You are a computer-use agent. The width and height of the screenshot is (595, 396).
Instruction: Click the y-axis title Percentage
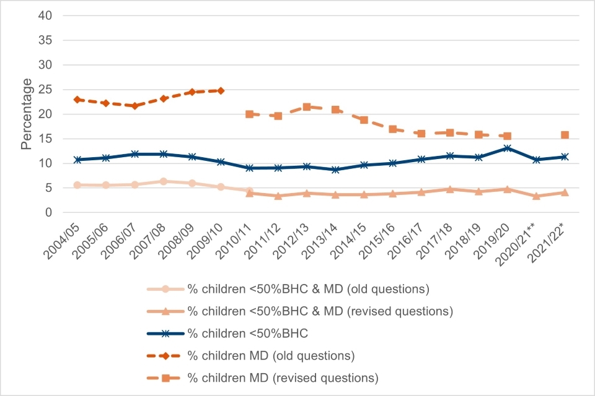pyautogui.click(x=27, y=114)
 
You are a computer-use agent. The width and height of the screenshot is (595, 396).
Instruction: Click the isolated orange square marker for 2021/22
pyautogui.click(x=565, y=135)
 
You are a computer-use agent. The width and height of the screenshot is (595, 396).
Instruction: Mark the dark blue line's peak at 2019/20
pyautogui.click(x=508, y=148)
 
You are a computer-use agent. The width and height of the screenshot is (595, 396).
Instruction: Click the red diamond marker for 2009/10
pyautogui.click(x=220, y=90)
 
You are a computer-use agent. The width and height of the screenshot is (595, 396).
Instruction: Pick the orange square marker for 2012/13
pyautogui.click(x=306, y=106)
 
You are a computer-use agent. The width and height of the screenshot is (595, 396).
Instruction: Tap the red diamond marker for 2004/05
pyautogui.click(x=77, y=100)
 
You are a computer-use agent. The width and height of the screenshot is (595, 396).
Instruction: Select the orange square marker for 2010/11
pyautogui.click(x=249, y=114)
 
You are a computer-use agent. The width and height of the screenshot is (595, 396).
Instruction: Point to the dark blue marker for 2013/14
pyautogui.click(x=335, y=170)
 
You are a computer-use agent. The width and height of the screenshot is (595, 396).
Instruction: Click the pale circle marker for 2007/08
pyautogui.click(x=163, y=181)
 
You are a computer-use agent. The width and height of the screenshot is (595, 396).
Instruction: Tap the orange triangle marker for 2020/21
pyautogui.click(x=536, y=196)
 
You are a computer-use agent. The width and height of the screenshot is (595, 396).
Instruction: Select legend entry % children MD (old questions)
pyautogui.click(x=271, y=356)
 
